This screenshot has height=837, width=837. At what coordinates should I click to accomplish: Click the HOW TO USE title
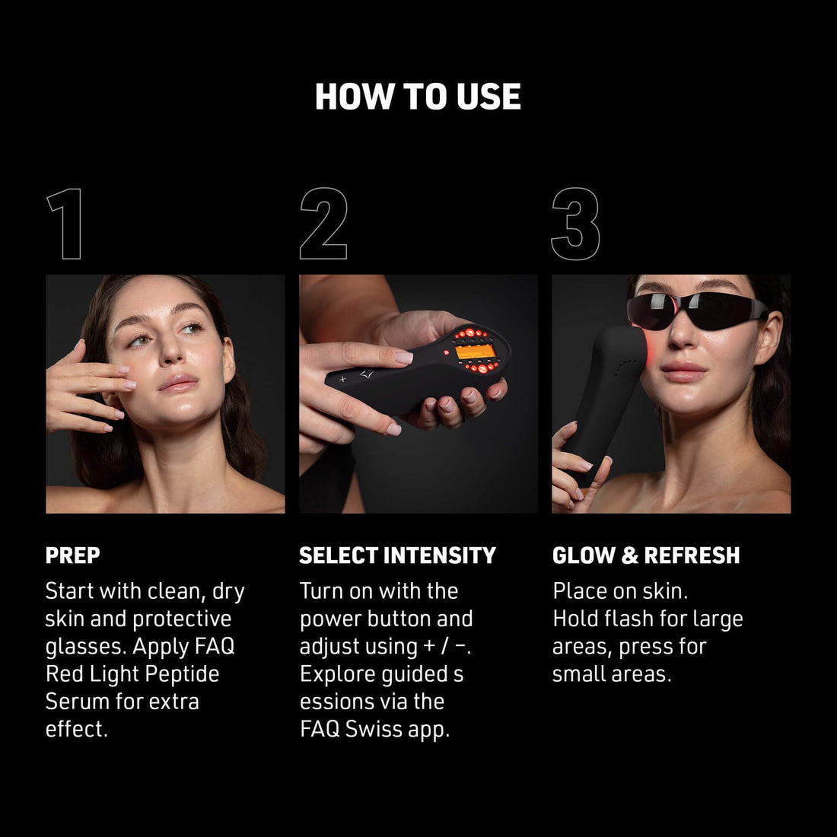pos(418,97)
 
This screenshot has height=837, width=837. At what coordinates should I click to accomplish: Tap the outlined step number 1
pos(65,224)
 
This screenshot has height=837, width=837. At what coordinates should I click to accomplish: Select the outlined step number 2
pos(323,224)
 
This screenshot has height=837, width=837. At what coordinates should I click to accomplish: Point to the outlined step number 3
pos(576,224)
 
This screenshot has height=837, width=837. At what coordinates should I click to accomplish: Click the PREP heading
pos(72,555)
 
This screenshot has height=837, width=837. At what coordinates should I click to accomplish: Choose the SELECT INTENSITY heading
pos(397,555)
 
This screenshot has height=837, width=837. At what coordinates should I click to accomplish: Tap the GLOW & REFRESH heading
pos(646,555)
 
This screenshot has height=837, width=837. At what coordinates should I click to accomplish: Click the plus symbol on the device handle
pos(343,378)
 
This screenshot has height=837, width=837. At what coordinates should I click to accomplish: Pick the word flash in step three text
pos(628,619)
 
